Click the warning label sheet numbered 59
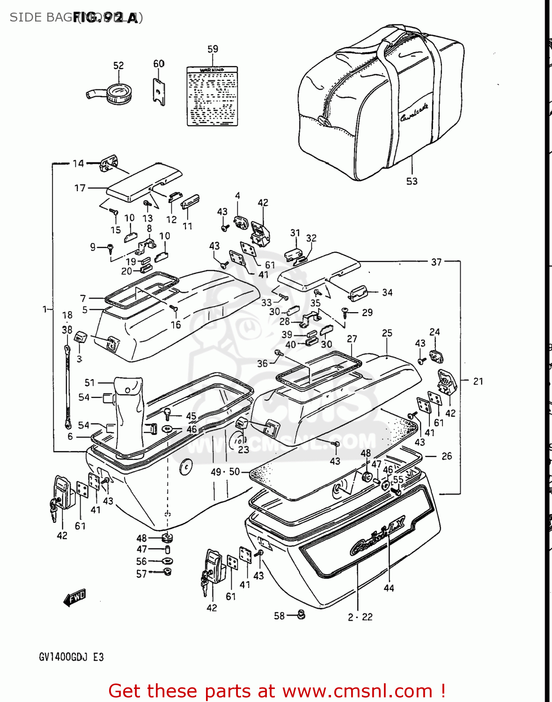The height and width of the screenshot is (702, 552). point(212,96)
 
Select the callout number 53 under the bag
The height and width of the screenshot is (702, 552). point(412,181)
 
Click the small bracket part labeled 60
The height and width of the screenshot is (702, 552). point(159,90)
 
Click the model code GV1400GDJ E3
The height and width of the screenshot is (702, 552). point(71,657)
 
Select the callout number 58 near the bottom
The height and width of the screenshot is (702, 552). point(279,615)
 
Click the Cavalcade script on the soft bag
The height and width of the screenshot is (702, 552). point(414,112)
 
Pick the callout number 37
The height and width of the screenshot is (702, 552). point(436,262)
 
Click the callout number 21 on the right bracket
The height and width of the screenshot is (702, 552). point(478,381)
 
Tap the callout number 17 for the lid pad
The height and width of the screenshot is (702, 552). point(80,188)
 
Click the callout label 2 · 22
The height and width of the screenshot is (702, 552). point(360,617)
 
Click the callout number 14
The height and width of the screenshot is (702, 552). point(78,163)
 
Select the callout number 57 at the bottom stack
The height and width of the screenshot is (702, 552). point(141,574)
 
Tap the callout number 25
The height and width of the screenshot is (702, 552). point(387,333)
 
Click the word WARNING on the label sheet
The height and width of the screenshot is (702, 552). point(212,70)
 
